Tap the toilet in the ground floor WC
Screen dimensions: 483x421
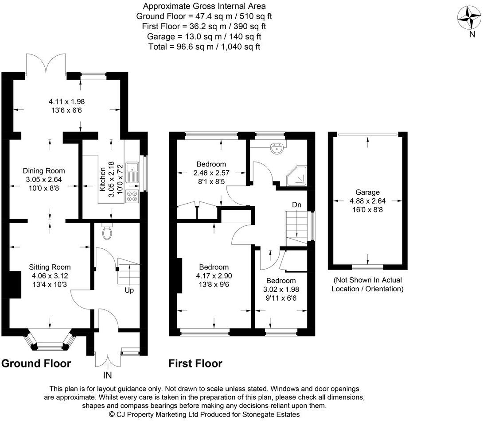107,233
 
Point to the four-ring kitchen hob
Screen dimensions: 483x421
132,197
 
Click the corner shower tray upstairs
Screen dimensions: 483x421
297,176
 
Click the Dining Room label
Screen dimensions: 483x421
44,171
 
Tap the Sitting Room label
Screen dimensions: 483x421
50,267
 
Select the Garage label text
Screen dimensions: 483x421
367,192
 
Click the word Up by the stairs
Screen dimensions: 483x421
129,290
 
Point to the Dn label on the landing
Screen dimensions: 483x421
296,205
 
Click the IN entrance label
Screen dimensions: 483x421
107,375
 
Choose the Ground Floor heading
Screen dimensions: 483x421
36,363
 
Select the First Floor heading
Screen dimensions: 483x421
195,363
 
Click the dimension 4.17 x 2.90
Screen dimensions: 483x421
214,276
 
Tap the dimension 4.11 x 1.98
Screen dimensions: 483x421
66,101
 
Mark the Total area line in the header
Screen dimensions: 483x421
204,46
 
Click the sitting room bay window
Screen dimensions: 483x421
50,341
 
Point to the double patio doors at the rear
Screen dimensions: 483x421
46,64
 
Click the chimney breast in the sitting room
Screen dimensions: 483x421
15,285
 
